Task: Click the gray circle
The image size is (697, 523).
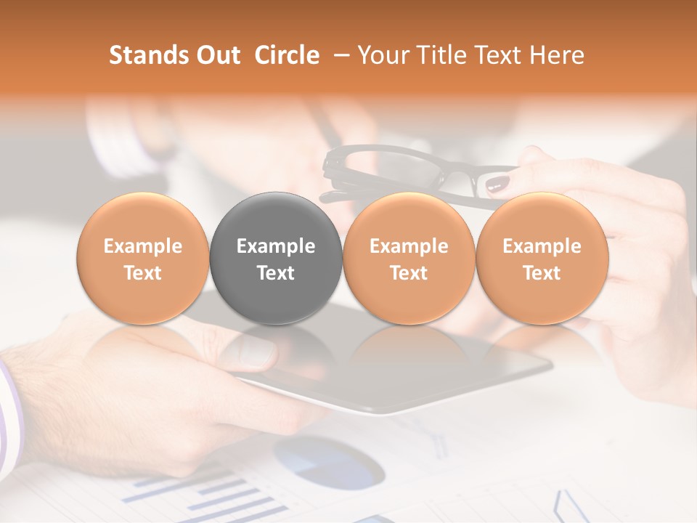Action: pos(276,258)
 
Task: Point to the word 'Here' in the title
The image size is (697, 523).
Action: pos(558,55)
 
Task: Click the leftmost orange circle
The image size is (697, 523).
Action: pos(142,258)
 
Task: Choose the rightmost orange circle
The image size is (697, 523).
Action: pos(542,258)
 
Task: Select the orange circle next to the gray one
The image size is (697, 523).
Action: pos(409,258)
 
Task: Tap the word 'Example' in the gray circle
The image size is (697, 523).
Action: pos(276,246)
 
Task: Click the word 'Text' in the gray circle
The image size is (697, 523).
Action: pos(276,273)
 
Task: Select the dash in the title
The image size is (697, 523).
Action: pos(339,55)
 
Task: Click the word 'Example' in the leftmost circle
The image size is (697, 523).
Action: pos(142,246)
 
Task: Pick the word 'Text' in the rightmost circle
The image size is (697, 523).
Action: pos(542,273)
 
